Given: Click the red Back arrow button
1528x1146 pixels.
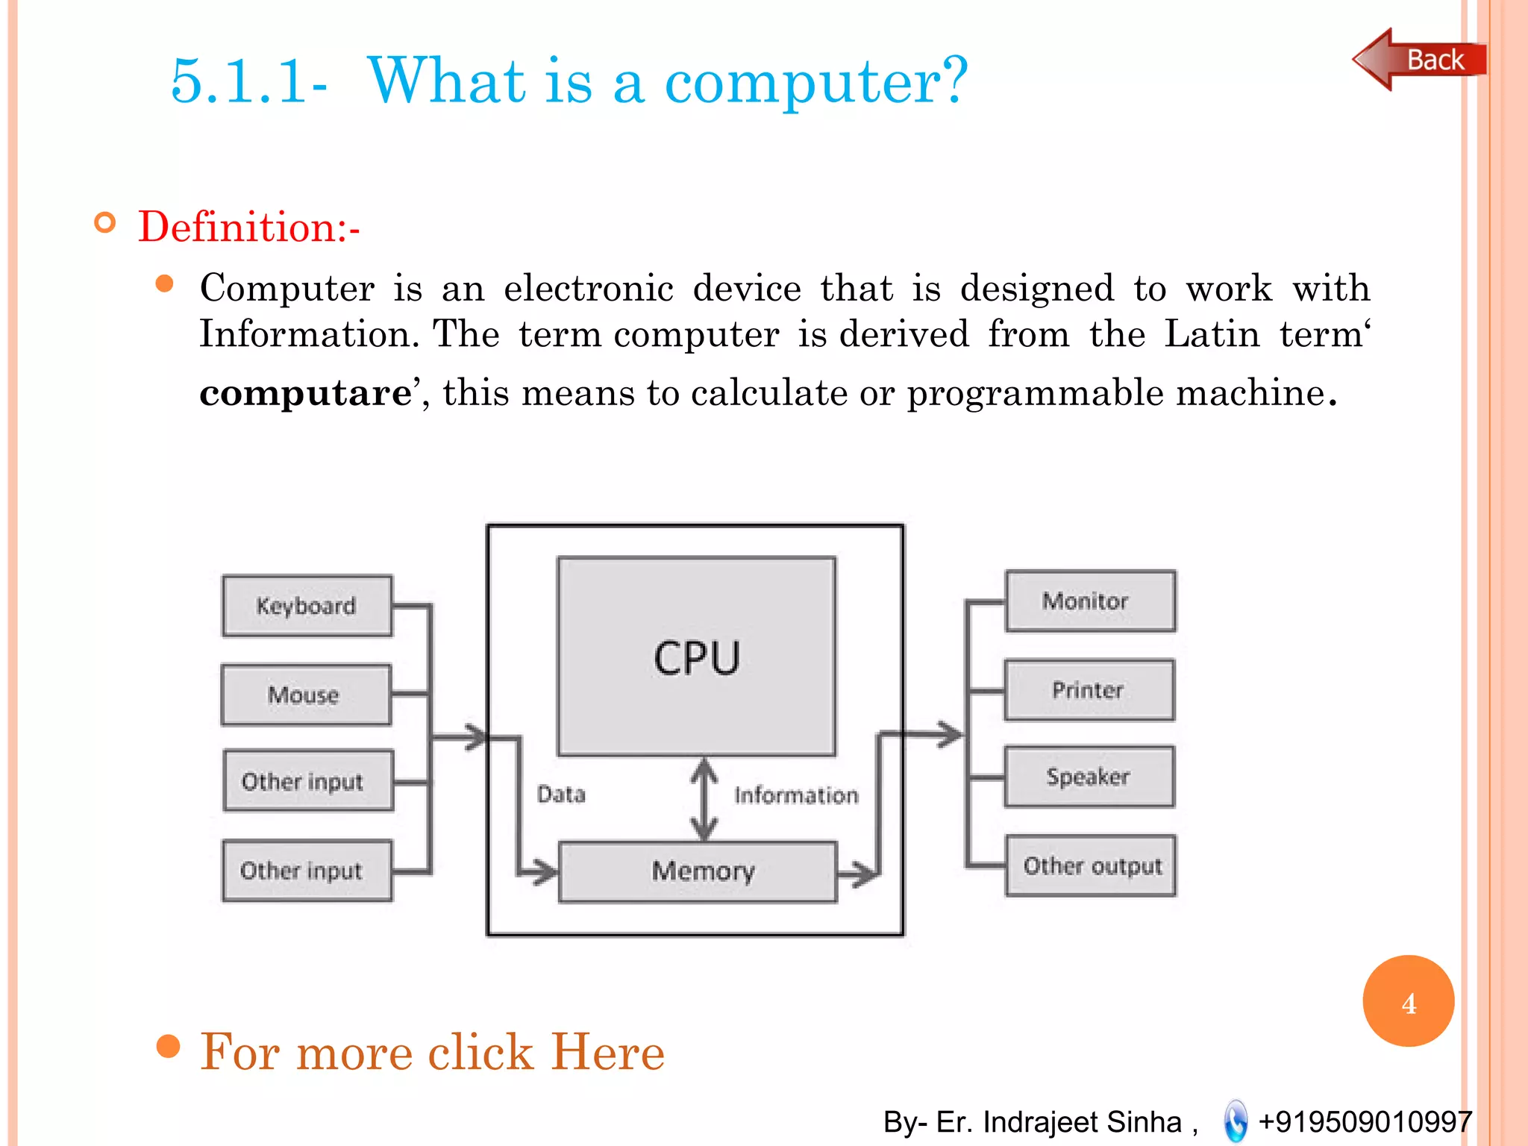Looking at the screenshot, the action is (x=1419, y=60).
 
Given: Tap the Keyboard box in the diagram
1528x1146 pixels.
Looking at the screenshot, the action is (x=307, y=606).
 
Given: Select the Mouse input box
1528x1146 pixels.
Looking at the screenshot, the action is (x=306, y=695).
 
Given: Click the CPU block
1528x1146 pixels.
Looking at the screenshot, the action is (x=696, y=657).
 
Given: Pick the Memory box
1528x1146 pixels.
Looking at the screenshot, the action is (x=698, y=871).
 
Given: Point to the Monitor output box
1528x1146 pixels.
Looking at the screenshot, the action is (x=1090, y=601).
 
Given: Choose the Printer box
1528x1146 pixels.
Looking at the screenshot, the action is (x=1089, y=690).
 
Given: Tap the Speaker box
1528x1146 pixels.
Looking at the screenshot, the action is (x=1089, y=777).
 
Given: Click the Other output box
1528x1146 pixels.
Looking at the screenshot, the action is (x=1091, y=865).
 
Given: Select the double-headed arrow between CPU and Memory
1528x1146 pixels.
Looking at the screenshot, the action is (x=704, y=799).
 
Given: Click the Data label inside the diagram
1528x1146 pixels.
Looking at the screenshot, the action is (x=561, y=794).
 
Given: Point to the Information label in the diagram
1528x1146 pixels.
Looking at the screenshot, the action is (x=796, y=795).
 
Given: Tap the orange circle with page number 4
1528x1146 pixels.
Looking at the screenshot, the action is (x=1408, y=1001).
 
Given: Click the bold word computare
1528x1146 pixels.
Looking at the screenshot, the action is (x=305, y=392).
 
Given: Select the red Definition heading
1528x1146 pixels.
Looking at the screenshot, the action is (x=248, y=226).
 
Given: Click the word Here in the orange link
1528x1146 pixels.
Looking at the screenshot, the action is (x=607, y=1052).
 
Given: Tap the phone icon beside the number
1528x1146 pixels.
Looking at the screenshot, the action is (x=1236, y=1121).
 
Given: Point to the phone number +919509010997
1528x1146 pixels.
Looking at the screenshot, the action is (x=1365, y=1121).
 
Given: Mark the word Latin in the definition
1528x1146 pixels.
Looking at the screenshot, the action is (x=1212, y=334).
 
